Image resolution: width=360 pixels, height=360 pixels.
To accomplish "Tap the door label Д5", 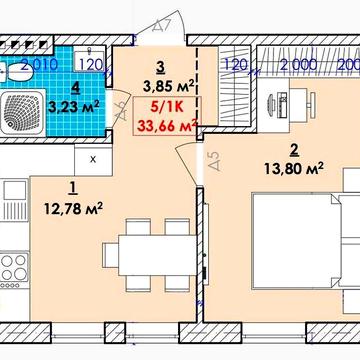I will [212, 159].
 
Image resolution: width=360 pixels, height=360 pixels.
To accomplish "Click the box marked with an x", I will [94, 158].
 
